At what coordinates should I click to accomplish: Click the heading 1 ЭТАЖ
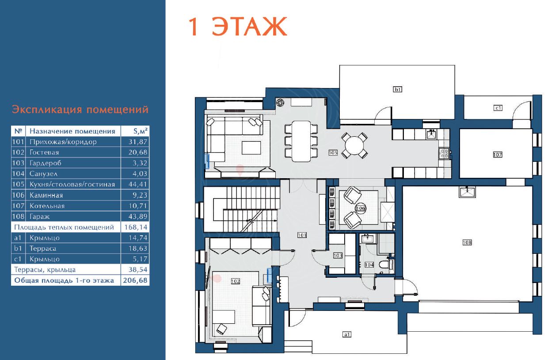click(x=237, y=27)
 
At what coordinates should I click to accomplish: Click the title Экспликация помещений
click(x=80, y=110)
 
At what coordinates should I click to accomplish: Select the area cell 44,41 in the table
click(x=138, y=184)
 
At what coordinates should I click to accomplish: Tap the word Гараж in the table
click(x=39, y=217)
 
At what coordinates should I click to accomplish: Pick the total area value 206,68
click(x=135, y=280)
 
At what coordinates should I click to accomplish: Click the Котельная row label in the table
click(x=47, y=206)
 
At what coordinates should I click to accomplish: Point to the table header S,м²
click(x=140, y=131)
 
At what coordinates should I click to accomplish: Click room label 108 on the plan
click(x=467, y=242)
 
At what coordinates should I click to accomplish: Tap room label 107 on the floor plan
click(x=498, y=155)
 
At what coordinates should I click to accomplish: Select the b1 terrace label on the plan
click(x=398, y=89)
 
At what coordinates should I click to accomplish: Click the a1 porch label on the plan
click(x=347, y=334)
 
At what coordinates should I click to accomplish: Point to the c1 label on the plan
click(x=498, y=108)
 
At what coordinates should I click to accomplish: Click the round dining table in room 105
click(x=354, y=146)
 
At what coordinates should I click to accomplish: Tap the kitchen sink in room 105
click(x=431, y=134)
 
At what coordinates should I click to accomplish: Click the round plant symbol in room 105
click(x=280, y=103)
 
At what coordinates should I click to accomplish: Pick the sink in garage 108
click(x=467, y=192)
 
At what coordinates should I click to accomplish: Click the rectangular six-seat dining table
click(x=301, y=141)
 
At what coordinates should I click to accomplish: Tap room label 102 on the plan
click(x=236, y=281)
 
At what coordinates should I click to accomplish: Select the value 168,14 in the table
click(x=136, y=227)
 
